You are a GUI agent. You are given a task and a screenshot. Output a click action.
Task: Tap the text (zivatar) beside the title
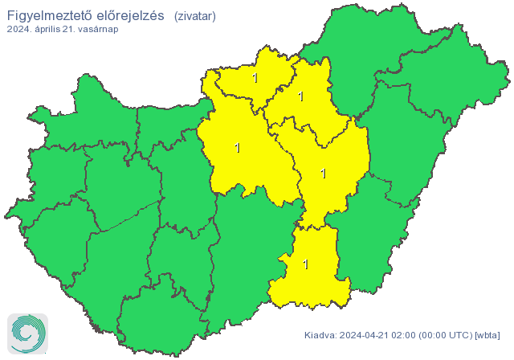tap(194, 16)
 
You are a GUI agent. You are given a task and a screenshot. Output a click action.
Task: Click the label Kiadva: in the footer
tap(320, 335)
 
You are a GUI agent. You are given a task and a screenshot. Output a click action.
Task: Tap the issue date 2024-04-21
tap(365, 335)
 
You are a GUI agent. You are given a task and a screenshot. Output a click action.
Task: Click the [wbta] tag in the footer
tap(487, 335)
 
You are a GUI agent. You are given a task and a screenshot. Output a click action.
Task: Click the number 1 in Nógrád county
tap(255, 79)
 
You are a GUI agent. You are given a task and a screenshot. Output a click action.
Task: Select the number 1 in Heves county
tap(301, 96)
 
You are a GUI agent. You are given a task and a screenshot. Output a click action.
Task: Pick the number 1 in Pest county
tap(236, 148)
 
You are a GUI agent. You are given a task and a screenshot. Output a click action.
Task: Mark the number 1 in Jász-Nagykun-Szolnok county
tap(323, 173)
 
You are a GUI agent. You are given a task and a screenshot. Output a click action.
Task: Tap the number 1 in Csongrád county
tap(305, 264)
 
